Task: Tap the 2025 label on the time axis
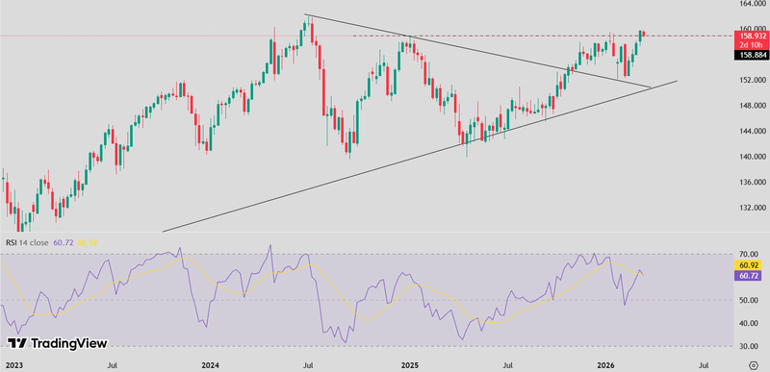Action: (410, 365)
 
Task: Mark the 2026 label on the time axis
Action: (606, 365)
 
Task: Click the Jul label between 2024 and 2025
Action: (311, 365)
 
